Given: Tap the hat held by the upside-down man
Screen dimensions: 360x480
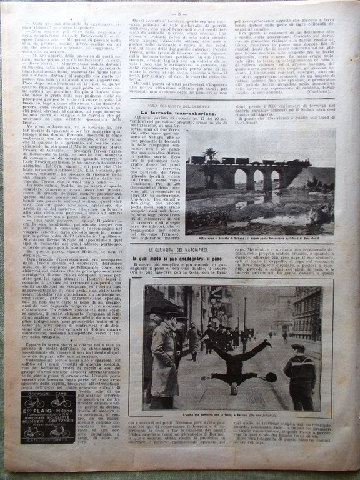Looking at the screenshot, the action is [272, 377].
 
